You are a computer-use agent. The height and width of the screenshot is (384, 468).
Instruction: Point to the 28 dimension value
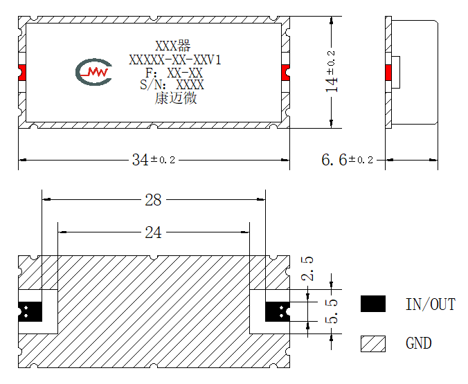(x=153, y=200)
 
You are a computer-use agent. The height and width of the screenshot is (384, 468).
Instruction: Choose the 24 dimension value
(x=153, y=232)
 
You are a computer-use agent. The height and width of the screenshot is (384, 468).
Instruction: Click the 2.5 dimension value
(x=307, y=268)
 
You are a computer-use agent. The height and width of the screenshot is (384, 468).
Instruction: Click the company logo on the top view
(x=93, y=72)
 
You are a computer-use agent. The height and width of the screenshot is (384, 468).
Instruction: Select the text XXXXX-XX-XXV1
(x=175, y=60)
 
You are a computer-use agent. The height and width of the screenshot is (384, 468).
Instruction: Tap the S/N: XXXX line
(x=172, y=84)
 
